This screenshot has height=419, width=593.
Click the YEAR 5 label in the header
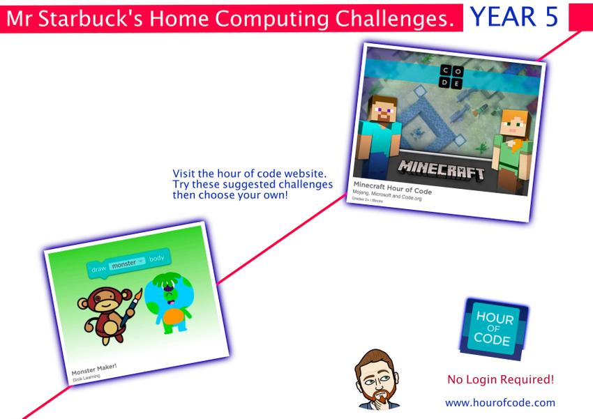[x=514, y=16]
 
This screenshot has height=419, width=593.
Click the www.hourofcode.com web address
[x=500, y=402]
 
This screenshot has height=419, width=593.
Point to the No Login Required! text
[x=500, y=379]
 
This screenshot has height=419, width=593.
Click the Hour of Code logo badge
[x=493, y=329]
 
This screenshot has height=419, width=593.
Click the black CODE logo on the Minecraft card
[x=451, y=77]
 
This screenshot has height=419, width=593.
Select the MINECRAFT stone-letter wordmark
[x=441, y=169]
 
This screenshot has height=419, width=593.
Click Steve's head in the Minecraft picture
[x=383, y=110]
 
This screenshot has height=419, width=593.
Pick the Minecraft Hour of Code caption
[x=393, y=188]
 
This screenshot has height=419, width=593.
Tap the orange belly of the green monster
[x=176, y=317]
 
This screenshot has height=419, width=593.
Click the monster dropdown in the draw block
[x=127, y=264]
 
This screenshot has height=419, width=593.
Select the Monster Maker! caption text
[x=93, y=369]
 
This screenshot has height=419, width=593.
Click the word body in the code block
[x=156, y=259]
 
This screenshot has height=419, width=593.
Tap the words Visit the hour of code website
[x=249, y=174]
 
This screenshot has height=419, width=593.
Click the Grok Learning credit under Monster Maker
[x=87, y=378]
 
